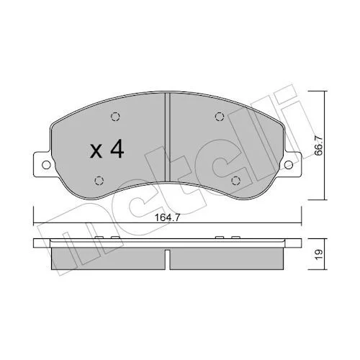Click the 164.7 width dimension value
coord(167,218)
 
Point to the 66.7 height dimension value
coord(318,145)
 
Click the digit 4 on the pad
coord(117,149)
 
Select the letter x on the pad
coord(96,152)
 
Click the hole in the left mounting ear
coord(46,165)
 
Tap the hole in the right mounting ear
coord(289,165)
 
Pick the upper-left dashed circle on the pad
coord(115,117)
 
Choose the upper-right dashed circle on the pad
coord(220,117)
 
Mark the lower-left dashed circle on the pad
coord(99,181)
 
